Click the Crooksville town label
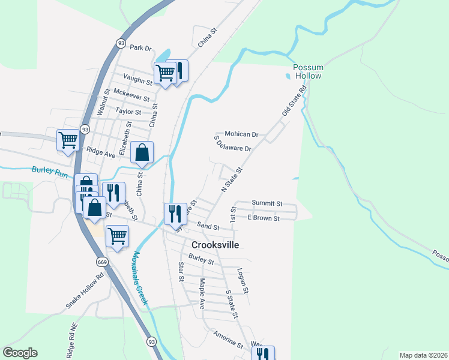click(x=215, y=245)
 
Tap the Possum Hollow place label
click(x=308, y=71)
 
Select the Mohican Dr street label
click(x=241, y=134)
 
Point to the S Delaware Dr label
click(x=232, y=144)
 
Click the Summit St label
click(x=267, y=203)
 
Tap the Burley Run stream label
click(x=50, y=172)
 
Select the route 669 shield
click(x=101, y=262)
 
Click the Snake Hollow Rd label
click(x=85, y=292)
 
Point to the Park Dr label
click(x=141, y=47)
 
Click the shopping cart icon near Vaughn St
click(x=165, y=73)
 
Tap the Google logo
click(x=20, y=353)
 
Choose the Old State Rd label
click(x=294, y=100)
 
